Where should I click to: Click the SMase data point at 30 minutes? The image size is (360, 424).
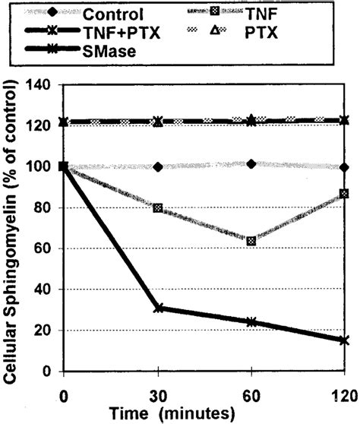coord(157,308)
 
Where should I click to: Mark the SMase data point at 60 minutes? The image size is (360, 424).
coord(251,321)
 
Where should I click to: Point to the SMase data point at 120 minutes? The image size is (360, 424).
coord(344,340)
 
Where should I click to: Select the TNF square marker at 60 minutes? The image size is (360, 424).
coord(251,241)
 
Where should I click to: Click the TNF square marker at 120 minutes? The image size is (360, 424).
coord(344,194)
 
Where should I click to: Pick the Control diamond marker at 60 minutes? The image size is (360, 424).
coord(251,164)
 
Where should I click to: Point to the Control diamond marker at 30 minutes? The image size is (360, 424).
coord(157,167)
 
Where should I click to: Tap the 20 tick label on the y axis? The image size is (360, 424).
coord(43,331)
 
